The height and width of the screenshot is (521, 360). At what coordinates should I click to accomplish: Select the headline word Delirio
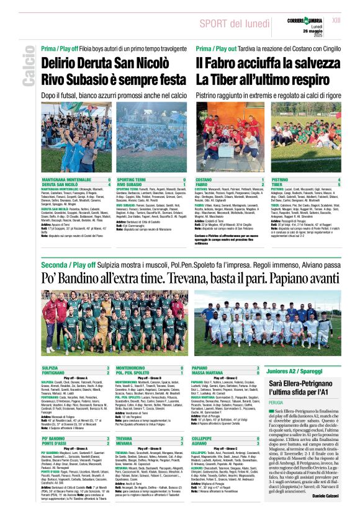pos(65,64)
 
